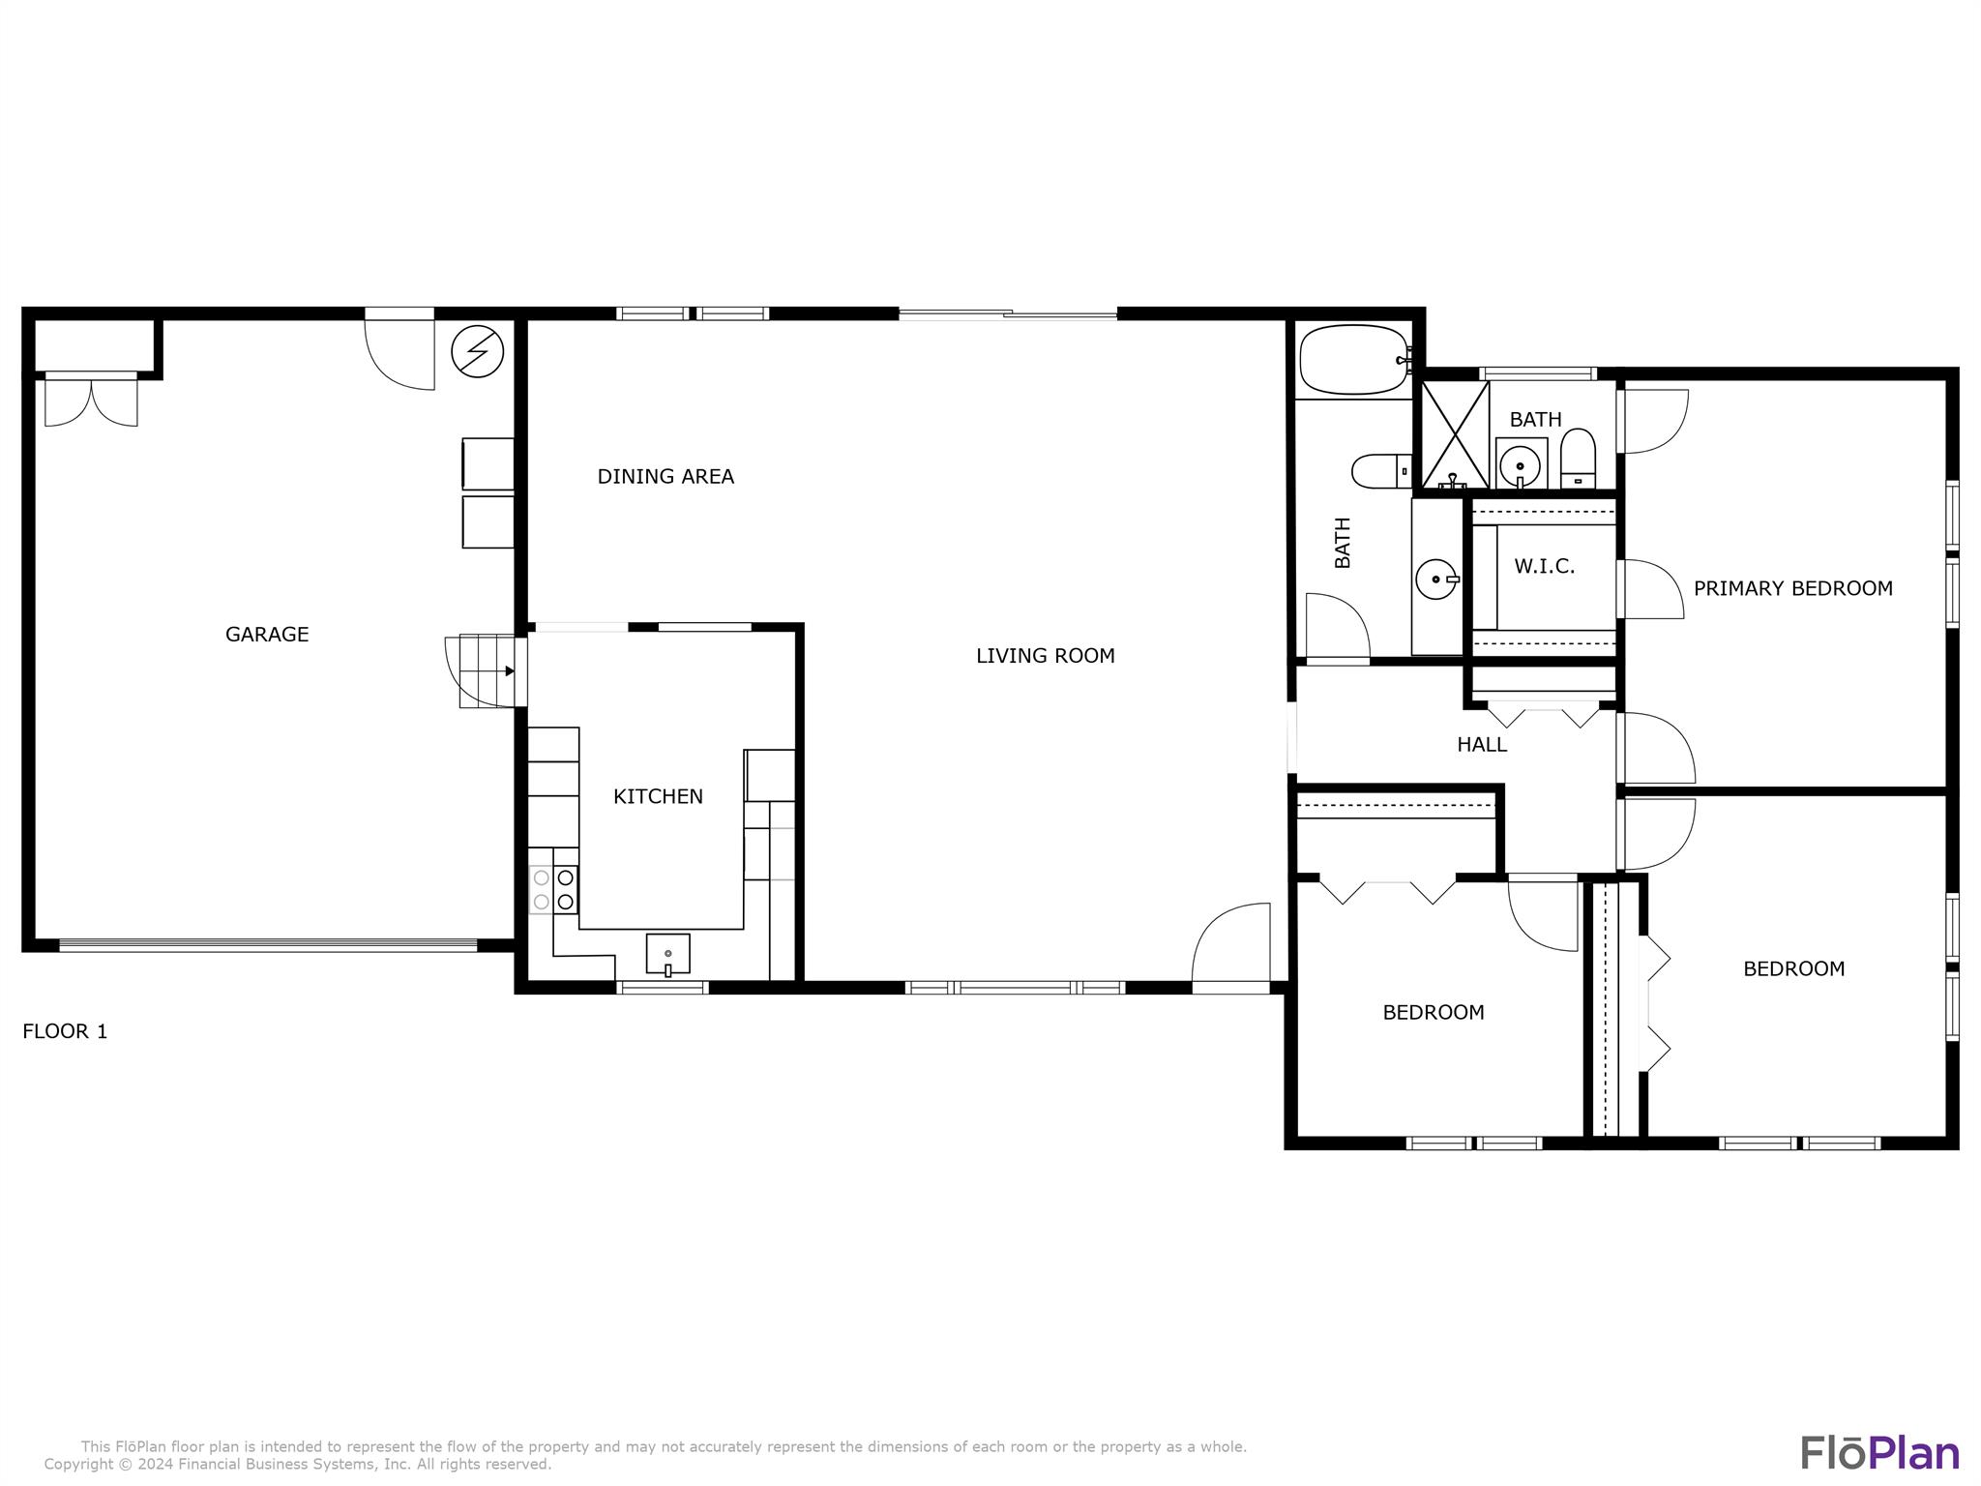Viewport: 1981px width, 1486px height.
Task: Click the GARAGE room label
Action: point(267,635)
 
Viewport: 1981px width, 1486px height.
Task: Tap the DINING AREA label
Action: point(665,476)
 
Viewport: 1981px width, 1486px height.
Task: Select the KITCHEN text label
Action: point(658,796)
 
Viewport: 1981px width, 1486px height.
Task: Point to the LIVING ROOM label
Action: point(1045,656)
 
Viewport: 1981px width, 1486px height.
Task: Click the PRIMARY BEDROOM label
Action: point(1792,588)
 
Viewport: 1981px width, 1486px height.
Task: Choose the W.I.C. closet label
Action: point(1544,567)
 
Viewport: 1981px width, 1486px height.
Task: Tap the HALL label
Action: point(1482,745)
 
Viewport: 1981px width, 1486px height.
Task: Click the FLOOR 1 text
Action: point(65,1031)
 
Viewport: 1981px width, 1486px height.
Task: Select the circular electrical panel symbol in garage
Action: point(478,350)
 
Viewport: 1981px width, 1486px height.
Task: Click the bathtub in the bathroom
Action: point(1355,360)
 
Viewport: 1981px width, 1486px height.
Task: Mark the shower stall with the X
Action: point(1455,434)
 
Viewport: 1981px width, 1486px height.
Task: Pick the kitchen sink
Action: point(667,954)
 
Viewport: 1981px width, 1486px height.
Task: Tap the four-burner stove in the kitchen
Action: point(553,890)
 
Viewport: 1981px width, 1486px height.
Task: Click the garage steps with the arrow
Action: point(487,671)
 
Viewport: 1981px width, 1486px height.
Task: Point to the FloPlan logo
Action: point(1879,1453)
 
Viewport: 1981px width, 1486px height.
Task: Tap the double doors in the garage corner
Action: point(91,401)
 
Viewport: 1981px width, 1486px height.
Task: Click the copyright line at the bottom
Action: point(298,1465)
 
